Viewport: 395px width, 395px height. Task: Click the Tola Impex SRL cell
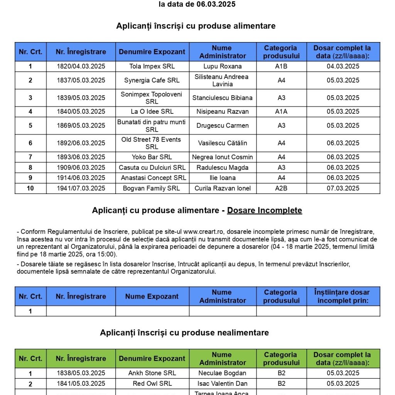pos(152,66)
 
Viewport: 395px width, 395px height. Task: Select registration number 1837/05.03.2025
pos(81,80)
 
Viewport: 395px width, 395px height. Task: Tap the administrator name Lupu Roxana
pos(223,66)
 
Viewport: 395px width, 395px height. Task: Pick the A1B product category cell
pos(281,66)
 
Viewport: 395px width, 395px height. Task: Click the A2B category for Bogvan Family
pos(281,188)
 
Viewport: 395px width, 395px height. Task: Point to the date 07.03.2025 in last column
pos(343,188)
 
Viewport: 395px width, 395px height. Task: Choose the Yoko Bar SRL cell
pos(152,157)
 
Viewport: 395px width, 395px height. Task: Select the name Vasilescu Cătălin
pos(223,143)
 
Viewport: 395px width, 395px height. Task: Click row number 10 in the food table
pos(30,188)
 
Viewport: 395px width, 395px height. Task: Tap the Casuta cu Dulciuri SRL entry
pos(152,167)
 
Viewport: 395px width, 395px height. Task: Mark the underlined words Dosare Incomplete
pos(264,210)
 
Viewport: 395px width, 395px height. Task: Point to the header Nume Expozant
pos(152,296)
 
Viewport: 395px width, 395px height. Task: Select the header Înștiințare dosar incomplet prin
pos(343,296)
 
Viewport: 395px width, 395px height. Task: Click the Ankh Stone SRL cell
pos(152,373)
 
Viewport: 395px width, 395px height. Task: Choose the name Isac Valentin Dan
pos(223,383)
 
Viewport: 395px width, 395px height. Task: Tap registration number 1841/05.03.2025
pos(81,383)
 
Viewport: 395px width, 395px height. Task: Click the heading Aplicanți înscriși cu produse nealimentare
pos(184,333)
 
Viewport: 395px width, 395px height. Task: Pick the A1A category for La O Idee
pos(281,111)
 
